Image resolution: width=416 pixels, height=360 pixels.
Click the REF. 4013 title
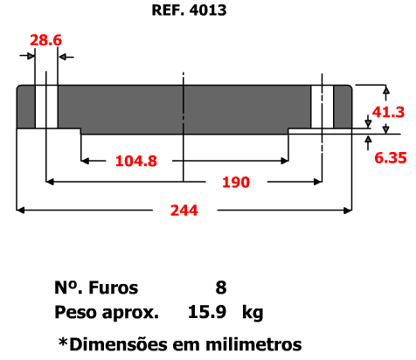(x=189, y=10)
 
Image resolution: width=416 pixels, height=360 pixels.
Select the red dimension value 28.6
(x=46, y=40)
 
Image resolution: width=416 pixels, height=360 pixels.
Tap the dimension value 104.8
(x=136, y=161)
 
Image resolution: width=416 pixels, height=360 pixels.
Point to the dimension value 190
(x=236, y=183)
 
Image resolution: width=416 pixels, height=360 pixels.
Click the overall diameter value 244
(x=184, y=211)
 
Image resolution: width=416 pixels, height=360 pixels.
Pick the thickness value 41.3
(x=388, y=112)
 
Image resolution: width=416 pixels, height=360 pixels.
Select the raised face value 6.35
(x=391, y=158)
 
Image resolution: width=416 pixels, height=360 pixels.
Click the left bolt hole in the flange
(x=46, y=107)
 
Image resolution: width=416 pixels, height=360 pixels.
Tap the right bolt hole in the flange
(x=322, y=107)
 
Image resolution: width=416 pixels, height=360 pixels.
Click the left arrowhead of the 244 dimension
(x=20, y=210)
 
